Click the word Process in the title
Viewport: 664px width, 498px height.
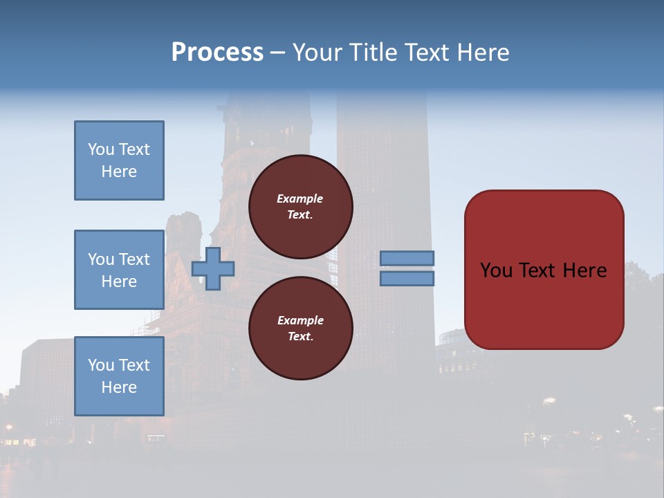(217, 53)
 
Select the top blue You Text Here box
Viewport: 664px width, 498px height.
(119, 160)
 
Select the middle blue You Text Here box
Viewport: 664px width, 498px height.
(119, 270)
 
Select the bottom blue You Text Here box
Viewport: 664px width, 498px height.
(119, 376)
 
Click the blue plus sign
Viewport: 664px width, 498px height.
(213, 268)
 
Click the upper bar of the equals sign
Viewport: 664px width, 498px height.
(407, 258)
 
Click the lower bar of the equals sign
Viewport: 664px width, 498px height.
(407, 278)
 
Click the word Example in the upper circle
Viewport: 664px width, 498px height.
(300, 199)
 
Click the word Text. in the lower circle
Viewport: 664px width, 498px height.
(300, 336)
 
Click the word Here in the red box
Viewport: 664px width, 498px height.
(584, 270)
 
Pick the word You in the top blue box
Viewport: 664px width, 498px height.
(101, 149)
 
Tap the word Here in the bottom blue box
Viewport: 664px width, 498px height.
(119, 387)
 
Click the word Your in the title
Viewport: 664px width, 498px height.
(317, 53)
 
